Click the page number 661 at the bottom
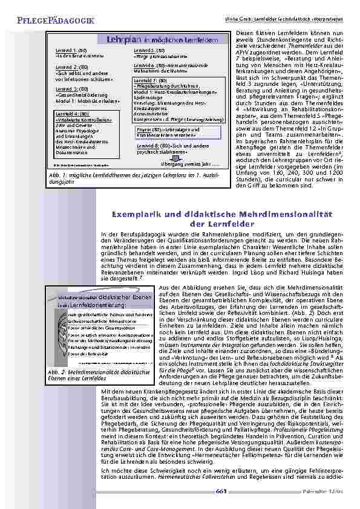point(221,491)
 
